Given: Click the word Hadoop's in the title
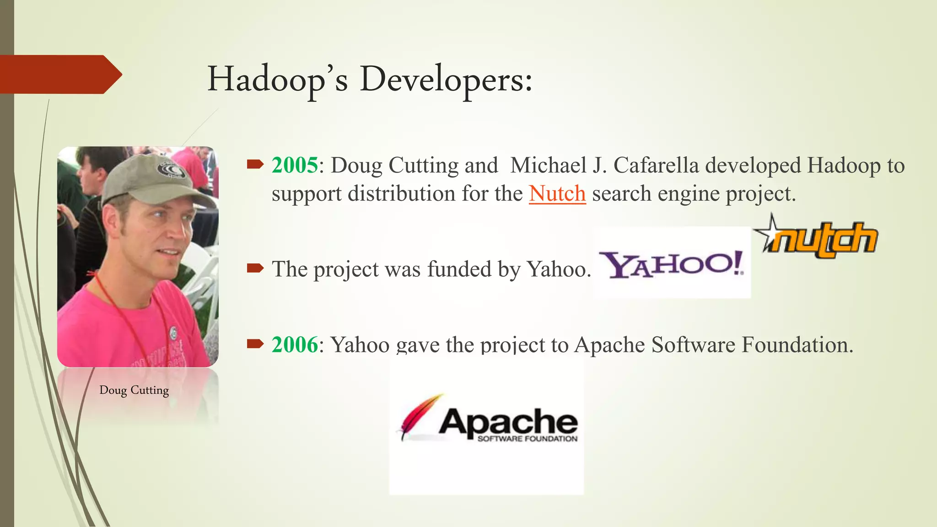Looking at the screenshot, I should click(x=277, y=80).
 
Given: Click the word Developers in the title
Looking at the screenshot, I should click(x=446, y=80).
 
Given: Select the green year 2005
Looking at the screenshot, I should click(x=294, y=165).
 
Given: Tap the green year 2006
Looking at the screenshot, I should click(x=294, y=344).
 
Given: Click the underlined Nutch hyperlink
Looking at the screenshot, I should click(x=557, y=194).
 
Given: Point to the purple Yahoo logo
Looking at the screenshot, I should click(x=672, y=265).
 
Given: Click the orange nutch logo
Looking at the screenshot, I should click(x=824, y=239).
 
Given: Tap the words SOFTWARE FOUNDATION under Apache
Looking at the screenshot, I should click(x=527, y=439).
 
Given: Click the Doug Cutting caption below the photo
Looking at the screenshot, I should click(x=134, y=390).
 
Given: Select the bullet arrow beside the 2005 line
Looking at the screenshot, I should click(x=255, y=165).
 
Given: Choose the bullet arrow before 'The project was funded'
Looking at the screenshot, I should click(x=255, y=269).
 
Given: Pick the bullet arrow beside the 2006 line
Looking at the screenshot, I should click(x=255, y=344).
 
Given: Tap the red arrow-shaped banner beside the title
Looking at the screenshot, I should click(x=59, y=75).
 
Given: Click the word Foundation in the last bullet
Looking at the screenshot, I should click(x=797, y=344).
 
